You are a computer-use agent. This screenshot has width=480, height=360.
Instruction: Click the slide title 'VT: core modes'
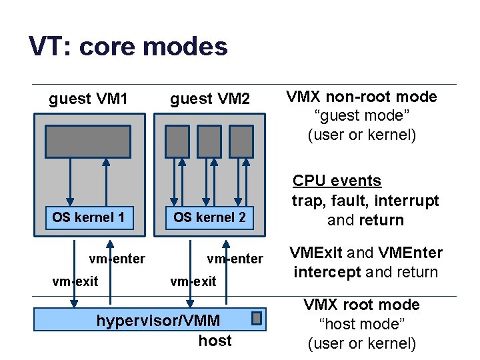tap(128, 47)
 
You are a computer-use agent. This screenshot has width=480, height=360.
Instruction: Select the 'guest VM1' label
tap(88, 99)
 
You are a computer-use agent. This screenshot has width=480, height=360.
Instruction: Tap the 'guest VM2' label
tap(209, 99)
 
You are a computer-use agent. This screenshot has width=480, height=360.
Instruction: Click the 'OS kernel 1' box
tap(89, 217)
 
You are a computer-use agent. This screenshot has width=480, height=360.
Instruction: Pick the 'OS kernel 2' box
tap(209, 217)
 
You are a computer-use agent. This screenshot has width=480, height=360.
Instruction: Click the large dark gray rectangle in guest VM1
tap(88, 141)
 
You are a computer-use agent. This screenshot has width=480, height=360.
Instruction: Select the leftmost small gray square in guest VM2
tap(177, 141)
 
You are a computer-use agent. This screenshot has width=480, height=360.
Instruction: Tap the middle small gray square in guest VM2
tap(209, 141)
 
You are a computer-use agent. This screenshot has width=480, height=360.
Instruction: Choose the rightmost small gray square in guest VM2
tap(241, 141)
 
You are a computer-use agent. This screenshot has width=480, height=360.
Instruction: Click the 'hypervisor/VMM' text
tap(158, 321)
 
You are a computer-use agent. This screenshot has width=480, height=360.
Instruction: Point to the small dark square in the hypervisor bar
tap(256, 319)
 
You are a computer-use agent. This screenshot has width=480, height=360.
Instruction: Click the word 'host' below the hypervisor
tap(215, 341)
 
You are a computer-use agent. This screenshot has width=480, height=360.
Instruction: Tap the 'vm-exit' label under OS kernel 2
tap(193, 281)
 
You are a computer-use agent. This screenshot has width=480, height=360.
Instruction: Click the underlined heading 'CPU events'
tap(337, 181)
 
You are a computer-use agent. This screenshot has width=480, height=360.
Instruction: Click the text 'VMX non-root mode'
tap(361, 97)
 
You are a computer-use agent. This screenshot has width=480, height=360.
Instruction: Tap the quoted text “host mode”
tap(361, 324)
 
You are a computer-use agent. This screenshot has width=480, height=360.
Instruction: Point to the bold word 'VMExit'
tap(316, 253)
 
